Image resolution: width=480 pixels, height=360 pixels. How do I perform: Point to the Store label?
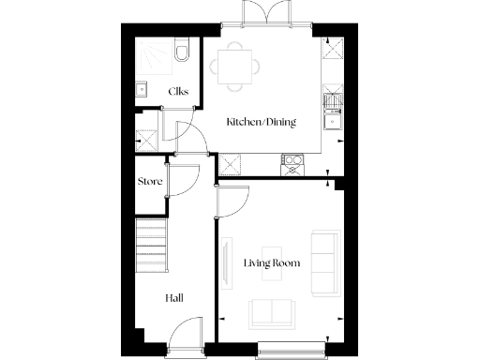coord(150,181)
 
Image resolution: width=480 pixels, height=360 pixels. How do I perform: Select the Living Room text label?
coord(272,263)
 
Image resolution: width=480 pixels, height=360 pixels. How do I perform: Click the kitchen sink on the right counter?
coord(332,118)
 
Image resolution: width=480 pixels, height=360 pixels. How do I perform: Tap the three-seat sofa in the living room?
coord(325,262)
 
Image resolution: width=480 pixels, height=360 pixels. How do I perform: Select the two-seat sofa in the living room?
coord(271,311)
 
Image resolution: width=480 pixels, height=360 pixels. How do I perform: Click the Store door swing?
coord(184,181)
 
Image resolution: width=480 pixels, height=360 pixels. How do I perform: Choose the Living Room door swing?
coord(233,200)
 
